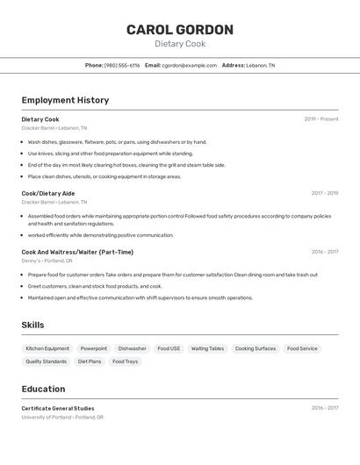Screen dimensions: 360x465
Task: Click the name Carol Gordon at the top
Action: tap(179, 30)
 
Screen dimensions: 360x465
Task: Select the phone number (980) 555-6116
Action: tap(122, 65)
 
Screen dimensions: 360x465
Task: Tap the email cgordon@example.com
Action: tap(189, 65)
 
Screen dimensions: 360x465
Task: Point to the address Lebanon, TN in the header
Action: tap(260, 65)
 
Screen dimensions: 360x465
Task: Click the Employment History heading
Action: tap(65, 100)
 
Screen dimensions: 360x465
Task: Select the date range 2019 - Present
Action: tap(320, 119)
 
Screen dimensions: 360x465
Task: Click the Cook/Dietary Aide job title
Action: tap(47, 193)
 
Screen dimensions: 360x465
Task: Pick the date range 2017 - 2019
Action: tap(324, 193)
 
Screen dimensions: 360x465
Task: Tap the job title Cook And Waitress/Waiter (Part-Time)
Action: tap(77, 252)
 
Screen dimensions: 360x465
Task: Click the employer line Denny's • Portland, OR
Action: tap(47, 261)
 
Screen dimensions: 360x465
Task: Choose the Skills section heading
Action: tap(32, 325)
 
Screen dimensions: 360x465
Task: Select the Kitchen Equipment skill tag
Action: tap(47, 348)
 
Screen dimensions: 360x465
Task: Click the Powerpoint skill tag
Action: tap(94, 348)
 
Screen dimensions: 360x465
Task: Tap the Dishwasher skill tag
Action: tap(132, 348)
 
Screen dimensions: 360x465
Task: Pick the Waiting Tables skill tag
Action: tap(207, 348)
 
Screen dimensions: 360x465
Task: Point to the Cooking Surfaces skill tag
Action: tap(255, 348)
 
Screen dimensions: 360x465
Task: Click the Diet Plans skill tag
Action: tap(90, 361)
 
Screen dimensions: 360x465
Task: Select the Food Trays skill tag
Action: tap(125, 361)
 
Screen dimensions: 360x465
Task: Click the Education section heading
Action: tap(43, 389)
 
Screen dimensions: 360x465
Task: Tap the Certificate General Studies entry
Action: tap(57, 408)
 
